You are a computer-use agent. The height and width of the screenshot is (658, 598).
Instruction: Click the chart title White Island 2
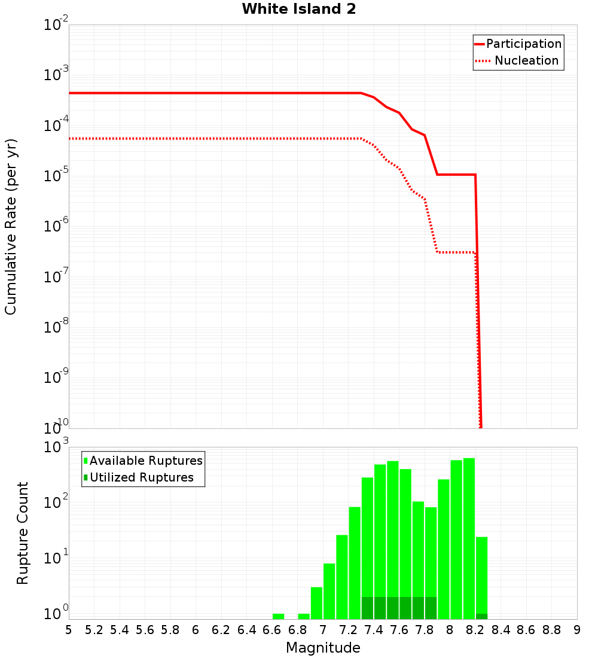299,10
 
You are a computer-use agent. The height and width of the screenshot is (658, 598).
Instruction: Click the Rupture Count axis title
23,533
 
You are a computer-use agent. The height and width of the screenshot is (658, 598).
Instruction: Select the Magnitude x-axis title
323,648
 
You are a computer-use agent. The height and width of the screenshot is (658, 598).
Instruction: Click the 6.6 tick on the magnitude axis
272,630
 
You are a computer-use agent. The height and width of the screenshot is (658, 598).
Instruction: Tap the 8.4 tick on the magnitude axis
501,630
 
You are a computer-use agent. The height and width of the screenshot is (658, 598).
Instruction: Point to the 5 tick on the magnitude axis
69,630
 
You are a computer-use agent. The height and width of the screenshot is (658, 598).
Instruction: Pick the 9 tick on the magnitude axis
577,630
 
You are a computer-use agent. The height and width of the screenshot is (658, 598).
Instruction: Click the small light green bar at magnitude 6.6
278,616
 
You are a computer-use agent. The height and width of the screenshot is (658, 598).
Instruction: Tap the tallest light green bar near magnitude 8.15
469,538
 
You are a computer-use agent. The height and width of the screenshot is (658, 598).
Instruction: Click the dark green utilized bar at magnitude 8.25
481,616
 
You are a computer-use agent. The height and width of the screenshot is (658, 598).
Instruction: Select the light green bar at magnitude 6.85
304,616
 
